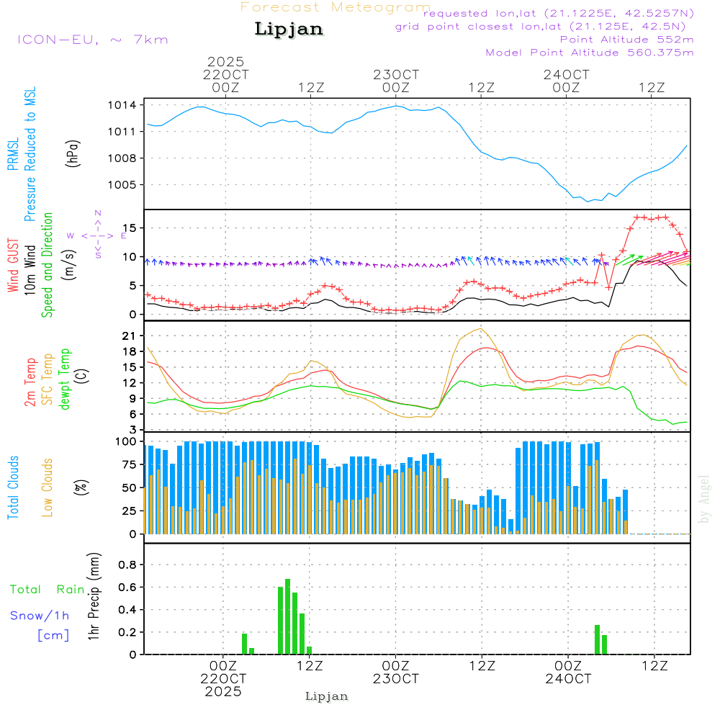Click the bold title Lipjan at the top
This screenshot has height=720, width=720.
click(288, 29)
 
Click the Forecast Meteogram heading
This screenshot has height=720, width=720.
click(336, 7)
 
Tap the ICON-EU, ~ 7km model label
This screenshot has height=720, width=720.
click(92, 39)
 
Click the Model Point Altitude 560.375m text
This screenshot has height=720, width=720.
click(590, 53)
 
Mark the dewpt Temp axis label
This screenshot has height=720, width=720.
click(66, 379)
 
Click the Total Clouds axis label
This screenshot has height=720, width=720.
click(13, 487)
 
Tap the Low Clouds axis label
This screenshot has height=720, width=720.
click(48, 487)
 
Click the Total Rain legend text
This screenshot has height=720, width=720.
click(47, 589)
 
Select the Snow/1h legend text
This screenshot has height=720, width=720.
click(40, 616)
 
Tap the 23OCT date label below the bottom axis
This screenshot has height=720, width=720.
click(396, 679)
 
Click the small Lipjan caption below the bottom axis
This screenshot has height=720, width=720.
click(327, 696)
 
